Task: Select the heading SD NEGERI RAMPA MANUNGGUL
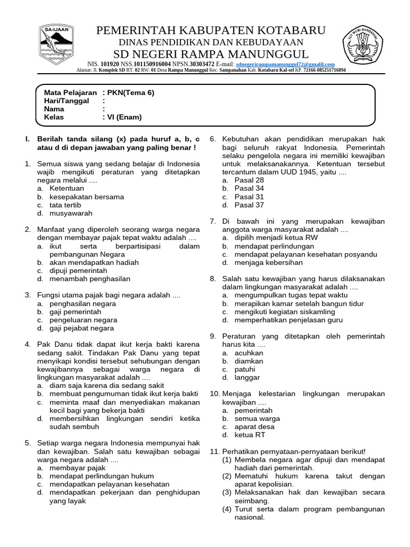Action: [x=210, y=54]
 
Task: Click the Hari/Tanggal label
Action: [x=66, y=100]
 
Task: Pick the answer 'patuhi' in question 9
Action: [x=245, y=369]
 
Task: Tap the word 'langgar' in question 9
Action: [x=247, y=378]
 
